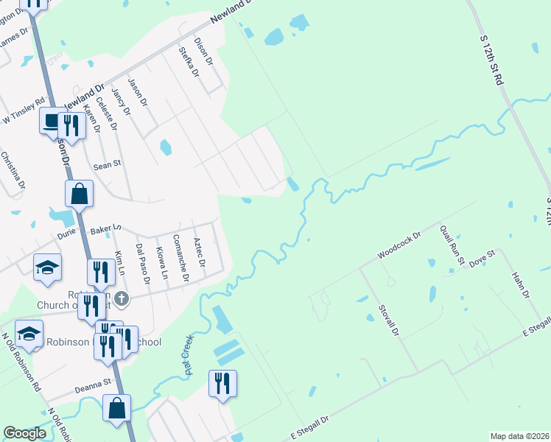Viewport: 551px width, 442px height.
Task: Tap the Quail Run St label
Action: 452,245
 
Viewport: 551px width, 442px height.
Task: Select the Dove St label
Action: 482,260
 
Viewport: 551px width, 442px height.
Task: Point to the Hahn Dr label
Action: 522,284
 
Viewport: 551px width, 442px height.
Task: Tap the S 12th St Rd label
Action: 491,59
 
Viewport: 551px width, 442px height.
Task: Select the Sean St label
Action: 107,166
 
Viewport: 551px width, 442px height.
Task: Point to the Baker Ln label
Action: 105,231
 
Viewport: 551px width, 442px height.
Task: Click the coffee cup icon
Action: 51,121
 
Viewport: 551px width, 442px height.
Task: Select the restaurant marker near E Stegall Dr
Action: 222,384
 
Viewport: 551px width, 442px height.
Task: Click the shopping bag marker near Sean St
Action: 79,195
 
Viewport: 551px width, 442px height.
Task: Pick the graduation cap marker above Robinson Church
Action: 47,267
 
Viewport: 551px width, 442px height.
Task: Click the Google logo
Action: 24,433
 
